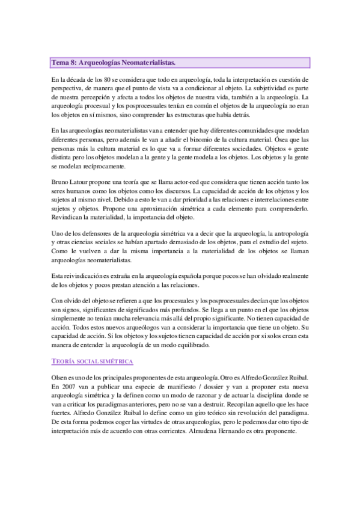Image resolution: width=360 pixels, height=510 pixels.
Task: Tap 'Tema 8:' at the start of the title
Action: [63, 63]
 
